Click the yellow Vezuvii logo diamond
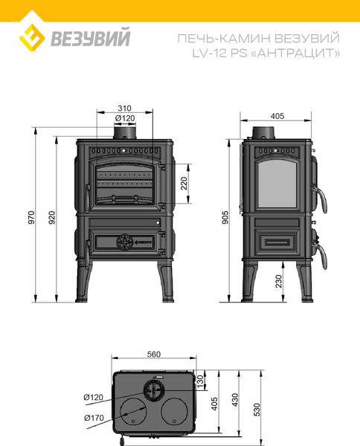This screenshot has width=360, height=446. pos(32,38)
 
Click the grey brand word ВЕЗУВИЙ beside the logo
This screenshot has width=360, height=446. pos(91,37)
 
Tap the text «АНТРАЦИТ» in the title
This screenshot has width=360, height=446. pos(295,54)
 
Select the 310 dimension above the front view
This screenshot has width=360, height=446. pos(125,109)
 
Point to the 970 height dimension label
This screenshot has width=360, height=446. pos(31,217)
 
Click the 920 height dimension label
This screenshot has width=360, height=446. pos(52,217)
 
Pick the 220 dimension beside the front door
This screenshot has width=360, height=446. pos(184,184)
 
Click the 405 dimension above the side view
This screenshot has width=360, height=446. pos(277,116)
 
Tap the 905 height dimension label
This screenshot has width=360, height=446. pos(225,217)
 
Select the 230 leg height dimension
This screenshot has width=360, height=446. pos(279,281)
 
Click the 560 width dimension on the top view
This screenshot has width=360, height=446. pos(154,355)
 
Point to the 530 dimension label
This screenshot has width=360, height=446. pos(257,410)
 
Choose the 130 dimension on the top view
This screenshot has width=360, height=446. pos(200,381)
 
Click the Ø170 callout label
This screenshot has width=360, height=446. pos(94,418)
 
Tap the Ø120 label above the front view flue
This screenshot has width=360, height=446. pos(125,118)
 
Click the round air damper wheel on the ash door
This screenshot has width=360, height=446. pos(125,242)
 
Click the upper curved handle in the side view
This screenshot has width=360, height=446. pos(321,198)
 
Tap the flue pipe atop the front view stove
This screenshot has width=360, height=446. pos(125,132)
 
